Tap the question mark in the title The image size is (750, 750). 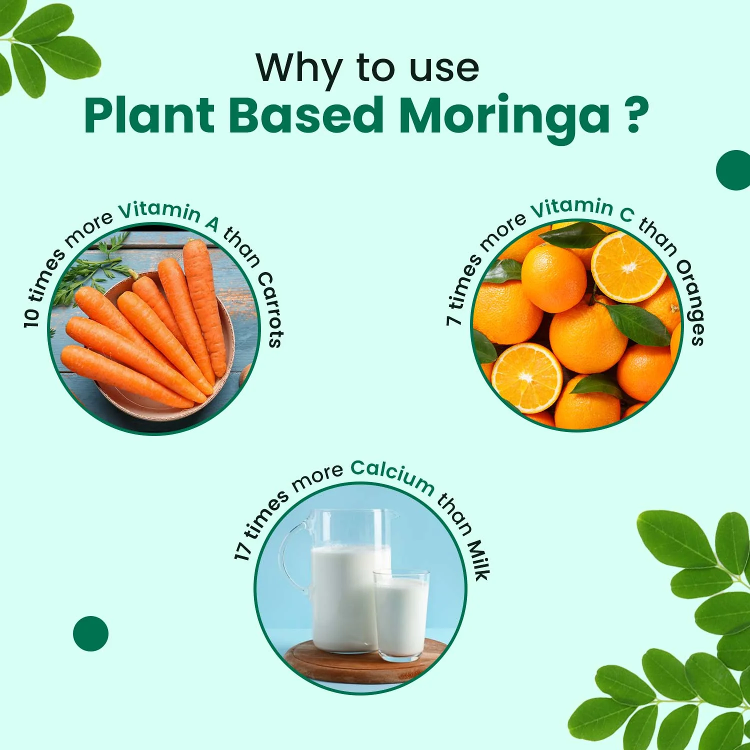(633, 116)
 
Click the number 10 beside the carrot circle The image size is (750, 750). (31, 318)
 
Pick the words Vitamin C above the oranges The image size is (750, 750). (581, 209)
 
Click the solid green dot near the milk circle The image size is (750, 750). (90, 633)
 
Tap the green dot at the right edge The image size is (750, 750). (734, 170)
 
